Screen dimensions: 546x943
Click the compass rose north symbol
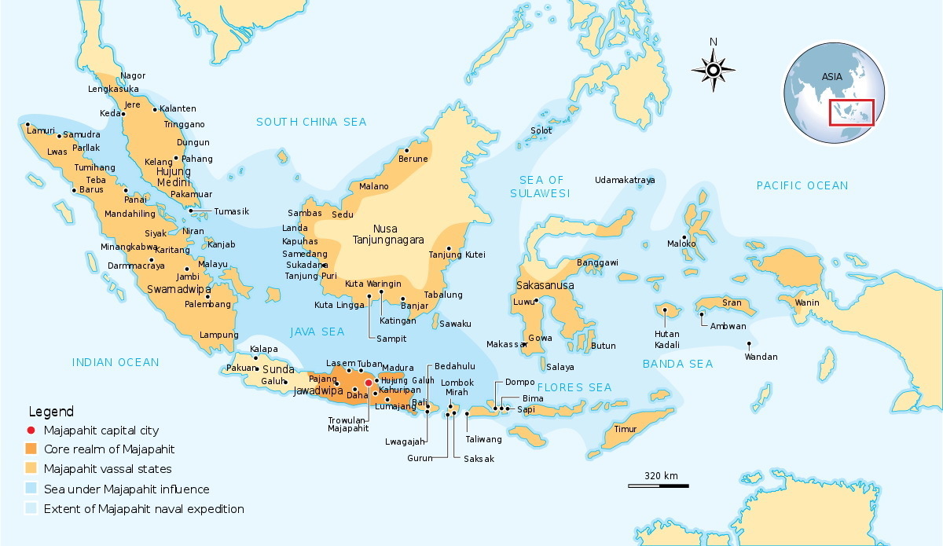pyautogui.click(x=714, y=69)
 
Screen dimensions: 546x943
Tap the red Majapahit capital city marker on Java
pyautogui.click(x=369, y=383)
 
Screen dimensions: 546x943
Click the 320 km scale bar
pyautogui.click(x=658, y=486)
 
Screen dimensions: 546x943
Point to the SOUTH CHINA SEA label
pyautogui.click(x=311, y=122)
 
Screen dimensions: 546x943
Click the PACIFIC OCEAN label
pyautogui.click(x=802, y=185)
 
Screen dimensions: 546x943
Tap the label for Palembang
pyautogui.click(x=207, y=304)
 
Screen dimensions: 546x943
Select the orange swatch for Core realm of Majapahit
pyautogui.click(x=31, y=449)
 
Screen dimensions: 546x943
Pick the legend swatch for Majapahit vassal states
pyautogui.click(x=31, y=469)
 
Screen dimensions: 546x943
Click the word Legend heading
pyautogui.click(x=51, y=412)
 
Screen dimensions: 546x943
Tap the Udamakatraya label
pyautogui.click(x=625, y=180)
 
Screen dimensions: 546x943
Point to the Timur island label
pyautogui.click(x=626, y=429)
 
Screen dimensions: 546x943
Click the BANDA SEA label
pyautogui.click(x=677, y=364)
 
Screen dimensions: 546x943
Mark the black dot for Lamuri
pyautogui.click(x=28, y=125)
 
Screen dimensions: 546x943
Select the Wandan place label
pyautogui.click(x=761, y=357)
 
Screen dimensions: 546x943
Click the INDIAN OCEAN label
pyautogui.click(x=116, y=362)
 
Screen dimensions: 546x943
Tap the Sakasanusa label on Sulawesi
pyautogui.click(x=545, y=285)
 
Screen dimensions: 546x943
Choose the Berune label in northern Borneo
pyautogui.click(x=413, y=159)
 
